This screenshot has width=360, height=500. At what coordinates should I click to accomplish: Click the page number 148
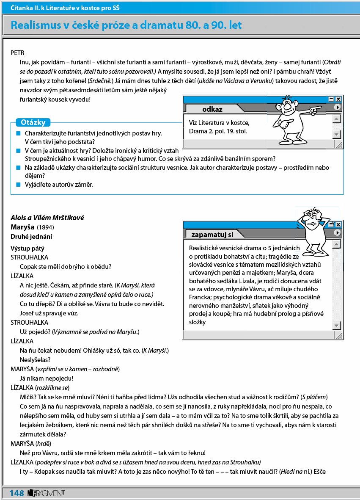click(17, 493)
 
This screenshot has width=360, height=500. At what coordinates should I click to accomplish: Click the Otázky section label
click(33, 123)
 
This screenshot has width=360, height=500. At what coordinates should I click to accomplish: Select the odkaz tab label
click(212, 109)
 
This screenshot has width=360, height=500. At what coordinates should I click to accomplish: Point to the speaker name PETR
click(18, 53)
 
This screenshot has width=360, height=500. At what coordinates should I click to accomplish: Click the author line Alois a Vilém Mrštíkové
click(47, 218)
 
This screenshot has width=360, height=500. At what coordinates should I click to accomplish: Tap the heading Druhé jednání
click(32, 236)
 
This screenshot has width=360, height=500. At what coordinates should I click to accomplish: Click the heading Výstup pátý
click(27, 249)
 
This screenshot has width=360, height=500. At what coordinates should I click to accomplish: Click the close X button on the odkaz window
click(338, 99)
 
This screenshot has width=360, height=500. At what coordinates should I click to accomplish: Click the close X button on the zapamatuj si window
click(338, 224)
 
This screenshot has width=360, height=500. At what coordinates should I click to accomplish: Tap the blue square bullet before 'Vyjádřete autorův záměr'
click(18, 185)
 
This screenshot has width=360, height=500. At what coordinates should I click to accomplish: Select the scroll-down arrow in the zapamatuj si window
click(337, 325)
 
